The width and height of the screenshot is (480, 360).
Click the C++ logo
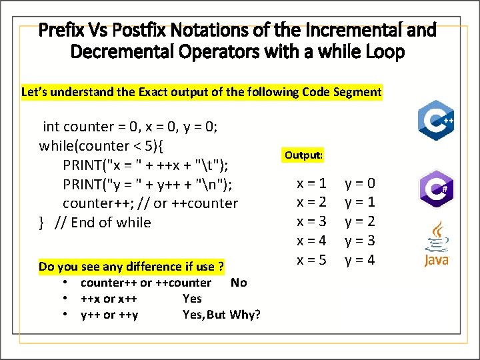[x=436, y=121]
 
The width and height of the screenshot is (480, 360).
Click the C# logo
[x=436, y=189]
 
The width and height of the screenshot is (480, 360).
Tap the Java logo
[x=437, y=246]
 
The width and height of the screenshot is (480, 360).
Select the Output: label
[x=303, y=155]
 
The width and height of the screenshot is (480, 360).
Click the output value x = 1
[x=311, y=183]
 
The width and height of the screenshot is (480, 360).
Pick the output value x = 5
[x=311, y=260]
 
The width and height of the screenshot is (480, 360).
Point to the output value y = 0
[x=360, y=183]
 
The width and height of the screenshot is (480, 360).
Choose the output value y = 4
[x=360, y=260]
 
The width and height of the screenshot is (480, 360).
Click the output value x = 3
[x=311, y=221]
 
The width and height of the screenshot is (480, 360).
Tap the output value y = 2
[x=360, y=221]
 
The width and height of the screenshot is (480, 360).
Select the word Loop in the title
[x=383, y=51]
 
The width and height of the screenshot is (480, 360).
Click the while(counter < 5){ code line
[x=104, y=145]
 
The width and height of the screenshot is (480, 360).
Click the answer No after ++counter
[x=238, y=283]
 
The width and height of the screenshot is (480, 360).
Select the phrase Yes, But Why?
[x=221, y=314]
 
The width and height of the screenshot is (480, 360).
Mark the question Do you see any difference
[x=131, y=267]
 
